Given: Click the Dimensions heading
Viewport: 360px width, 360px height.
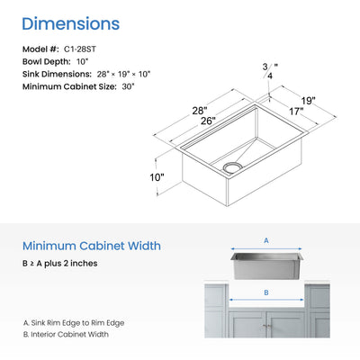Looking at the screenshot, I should point(69,22).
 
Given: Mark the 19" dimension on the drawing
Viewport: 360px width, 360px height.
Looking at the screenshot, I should point(309,101).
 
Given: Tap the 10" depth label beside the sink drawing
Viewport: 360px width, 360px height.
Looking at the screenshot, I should point(158,177).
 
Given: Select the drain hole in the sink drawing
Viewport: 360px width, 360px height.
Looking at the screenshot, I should point(231,167).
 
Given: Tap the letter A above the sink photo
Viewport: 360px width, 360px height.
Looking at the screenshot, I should point(265,240).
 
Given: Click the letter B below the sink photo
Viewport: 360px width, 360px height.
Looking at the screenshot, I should point(265,292).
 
